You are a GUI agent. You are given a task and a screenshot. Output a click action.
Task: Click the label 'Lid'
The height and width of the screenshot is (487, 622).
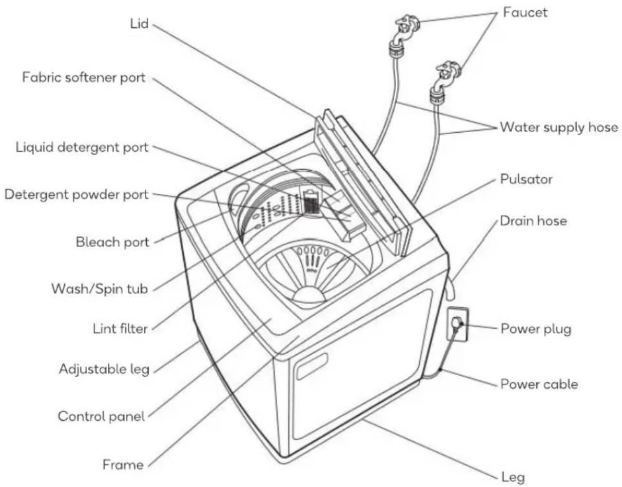[139, 24]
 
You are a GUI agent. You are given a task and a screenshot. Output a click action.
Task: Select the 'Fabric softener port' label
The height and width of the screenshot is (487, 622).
[84, 78]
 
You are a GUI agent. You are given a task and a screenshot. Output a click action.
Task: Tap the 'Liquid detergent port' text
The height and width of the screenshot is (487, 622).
[82, 148]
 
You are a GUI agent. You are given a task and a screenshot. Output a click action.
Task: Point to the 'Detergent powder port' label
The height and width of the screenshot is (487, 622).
[77, 195]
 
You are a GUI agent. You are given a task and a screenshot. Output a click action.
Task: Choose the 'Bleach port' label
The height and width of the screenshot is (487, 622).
[113, 243]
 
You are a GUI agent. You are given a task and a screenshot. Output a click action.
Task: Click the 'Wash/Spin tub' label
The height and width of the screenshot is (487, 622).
[99, 289]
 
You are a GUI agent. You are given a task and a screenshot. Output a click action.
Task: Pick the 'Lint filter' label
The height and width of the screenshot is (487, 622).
[120, 328]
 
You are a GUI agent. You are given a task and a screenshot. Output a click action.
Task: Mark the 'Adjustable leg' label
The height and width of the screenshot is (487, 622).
[104, 369]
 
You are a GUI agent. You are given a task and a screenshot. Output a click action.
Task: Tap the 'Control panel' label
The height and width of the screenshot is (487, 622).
[101, 416]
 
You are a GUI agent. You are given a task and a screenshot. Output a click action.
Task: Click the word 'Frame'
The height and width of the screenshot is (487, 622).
[123, 465]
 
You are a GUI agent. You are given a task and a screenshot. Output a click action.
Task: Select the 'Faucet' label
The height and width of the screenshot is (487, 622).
[525, 13]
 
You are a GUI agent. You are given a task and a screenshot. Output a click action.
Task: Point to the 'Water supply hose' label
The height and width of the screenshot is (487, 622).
[559, 127]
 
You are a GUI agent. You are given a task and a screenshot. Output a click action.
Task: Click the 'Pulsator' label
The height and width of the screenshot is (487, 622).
[526, 180]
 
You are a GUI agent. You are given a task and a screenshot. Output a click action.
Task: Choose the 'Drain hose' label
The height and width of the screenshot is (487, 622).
[534, 221]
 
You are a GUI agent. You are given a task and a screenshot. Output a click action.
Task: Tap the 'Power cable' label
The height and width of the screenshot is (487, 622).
[539, 385]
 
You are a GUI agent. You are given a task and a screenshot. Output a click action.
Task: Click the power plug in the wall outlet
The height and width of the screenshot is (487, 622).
[457, 324]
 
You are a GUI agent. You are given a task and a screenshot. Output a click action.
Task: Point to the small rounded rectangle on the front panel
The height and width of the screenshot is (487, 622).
[311, 366]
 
